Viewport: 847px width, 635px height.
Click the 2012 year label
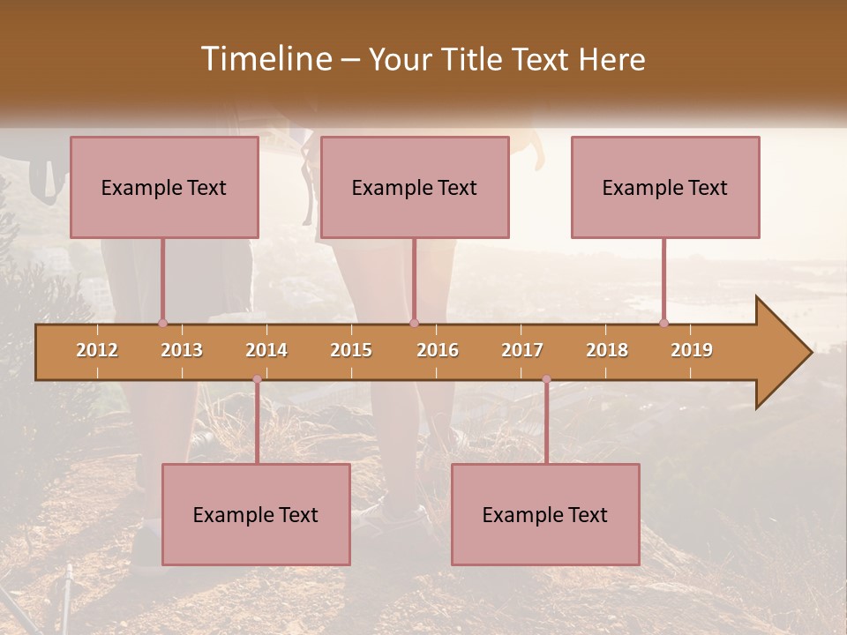click(x=97, y=350)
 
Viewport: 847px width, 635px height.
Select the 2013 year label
click(x=182, y=350)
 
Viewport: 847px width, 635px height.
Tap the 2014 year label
click(x=266, y=350)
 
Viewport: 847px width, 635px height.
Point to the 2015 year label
click(x=351, y=350)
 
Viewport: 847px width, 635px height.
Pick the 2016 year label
click(x=438, y=350)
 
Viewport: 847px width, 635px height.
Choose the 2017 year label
click(x=522, y=350)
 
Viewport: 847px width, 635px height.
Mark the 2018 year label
click(x=607, y=350)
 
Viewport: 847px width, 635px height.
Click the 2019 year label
click(x=692, y=350)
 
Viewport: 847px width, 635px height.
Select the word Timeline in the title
click(x=265, y=59)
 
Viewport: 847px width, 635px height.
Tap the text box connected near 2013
click(x=164, y=187)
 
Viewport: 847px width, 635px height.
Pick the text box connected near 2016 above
click(x=415, y=187)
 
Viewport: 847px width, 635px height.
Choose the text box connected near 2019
click(x=665, y=187)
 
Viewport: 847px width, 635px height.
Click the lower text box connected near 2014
click(x=256, y=514)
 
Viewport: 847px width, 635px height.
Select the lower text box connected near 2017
click(x=545, y=514)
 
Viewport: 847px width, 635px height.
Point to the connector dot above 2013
click(x=162, y=323)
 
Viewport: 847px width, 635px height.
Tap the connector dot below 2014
click(x=257, y=379)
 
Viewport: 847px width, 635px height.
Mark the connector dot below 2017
click(x=546, y=379)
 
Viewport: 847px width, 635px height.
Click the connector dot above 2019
click(x=663, y=323)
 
